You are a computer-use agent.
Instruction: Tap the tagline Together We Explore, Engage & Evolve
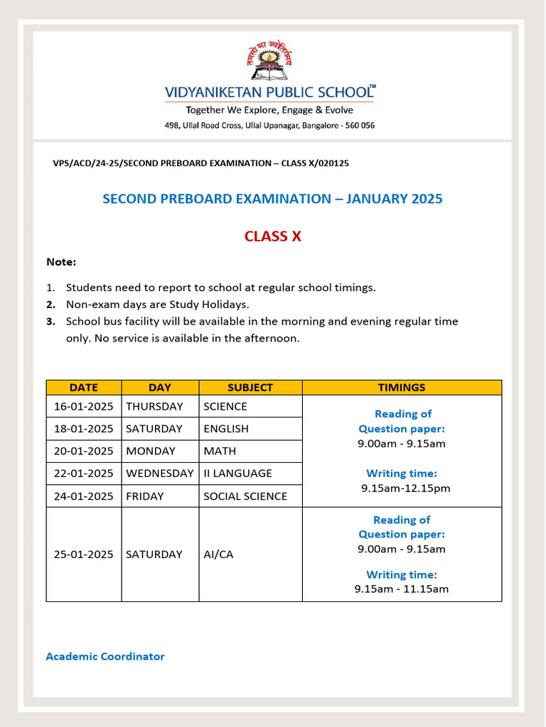269,110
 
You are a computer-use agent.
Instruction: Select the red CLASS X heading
272,236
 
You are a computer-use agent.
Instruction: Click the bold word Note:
61,262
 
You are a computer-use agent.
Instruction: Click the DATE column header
84,388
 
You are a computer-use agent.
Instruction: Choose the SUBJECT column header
250,388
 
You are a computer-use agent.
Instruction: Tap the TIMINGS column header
402,388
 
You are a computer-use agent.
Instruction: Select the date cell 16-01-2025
84,407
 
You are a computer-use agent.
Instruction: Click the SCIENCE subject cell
225,407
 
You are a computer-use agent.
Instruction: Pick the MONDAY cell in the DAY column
151,451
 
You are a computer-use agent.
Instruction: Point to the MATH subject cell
220,451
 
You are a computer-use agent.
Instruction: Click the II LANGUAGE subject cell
237,474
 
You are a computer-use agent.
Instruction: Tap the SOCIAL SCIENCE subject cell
245,496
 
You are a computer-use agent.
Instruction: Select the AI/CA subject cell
218,554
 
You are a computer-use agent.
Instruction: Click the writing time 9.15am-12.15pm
405,488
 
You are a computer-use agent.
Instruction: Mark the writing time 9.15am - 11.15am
402,589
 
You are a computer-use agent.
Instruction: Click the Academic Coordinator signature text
105,657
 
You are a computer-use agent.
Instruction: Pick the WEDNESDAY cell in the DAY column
160,474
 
